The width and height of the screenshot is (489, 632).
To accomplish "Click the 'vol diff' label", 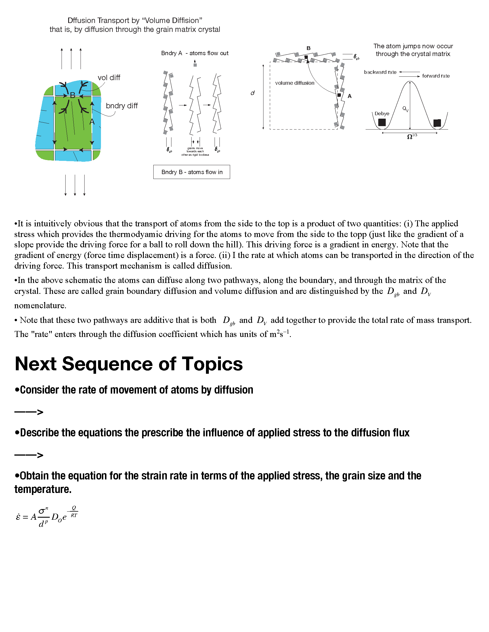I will tap(109, 78).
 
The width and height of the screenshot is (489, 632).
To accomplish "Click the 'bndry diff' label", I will tap(122, 106).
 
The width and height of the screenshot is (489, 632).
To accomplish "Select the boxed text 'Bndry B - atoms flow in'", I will tap(192, 172).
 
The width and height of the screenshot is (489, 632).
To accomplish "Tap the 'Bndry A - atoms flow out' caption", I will tap(195, 53).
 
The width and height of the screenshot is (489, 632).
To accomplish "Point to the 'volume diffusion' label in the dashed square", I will tap(295, 83).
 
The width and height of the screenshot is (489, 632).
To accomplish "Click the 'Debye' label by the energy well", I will tap(382, 113).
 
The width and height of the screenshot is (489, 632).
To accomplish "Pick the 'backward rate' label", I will tap(380, 72).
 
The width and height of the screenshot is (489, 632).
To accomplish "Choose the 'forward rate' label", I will tap(436, 76).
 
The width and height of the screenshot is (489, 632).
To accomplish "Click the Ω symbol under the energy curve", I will tap(410, 137).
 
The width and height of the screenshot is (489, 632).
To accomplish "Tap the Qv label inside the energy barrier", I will tap(405, 109).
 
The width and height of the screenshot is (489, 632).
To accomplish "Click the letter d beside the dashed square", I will tap(253, 93).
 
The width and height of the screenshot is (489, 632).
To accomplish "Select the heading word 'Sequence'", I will tap(107, 364).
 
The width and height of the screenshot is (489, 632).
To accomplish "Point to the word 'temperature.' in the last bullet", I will tap(43, 489).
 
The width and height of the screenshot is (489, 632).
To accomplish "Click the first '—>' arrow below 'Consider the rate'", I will tap(29, 412).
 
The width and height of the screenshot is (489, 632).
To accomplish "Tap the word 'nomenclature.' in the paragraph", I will tap(40, 305).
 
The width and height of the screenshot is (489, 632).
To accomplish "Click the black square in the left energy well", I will tap(382, 122).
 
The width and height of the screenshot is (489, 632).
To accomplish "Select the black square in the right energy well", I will tap(437, 123).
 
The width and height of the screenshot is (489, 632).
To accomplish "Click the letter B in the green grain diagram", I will tap(73, 95).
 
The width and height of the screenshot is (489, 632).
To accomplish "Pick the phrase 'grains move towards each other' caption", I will tap(195, 151).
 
